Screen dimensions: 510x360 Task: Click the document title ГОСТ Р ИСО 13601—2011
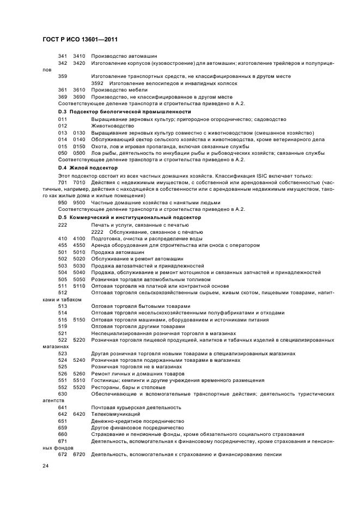pyautogui.click(x=81, y=40)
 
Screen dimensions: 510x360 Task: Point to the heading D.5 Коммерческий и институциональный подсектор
pyautogui.click(x=130, y=217)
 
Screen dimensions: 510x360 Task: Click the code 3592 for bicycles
pyautogui.click(x=97, y=83)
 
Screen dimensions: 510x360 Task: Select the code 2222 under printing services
pyautogui.click(x=97, y=232)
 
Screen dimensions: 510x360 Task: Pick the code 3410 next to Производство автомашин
pyautogui.click(x=79, y=56)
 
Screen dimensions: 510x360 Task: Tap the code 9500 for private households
pyautogui.click(x=79, y=202)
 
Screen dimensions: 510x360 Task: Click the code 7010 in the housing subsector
pyautogui.click(x=79, y=182)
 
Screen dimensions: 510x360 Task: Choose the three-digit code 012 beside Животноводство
pyautogui.click(x=63, y=125)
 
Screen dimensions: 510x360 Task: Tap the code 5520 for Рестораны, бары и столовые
pyautogui.click(x=79, y=387)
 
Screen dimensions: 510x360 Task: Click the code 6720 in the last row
pyautogui.click(x=79, y=454)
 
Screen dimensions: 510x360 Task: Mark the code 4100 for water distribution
pyautogui.click(x=79, y=238)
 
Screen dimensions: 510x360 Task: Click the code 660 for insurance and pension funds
pyautogui.click(x=63, y=434)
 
